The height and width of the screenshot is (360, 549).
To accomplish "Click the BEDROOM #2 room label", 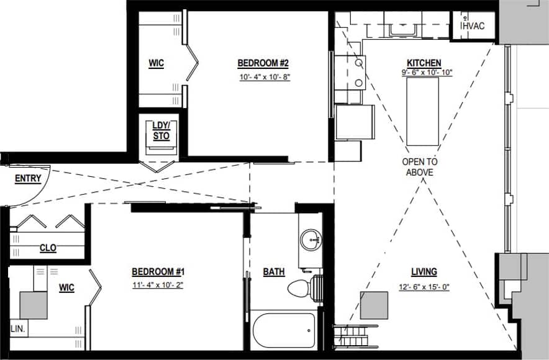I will coord(263,63).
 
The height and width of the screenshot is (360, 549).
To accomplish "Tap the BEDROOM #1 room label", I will coord(158,272).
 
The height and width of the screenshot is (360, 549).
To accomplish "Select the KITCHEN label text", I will coord(424,63).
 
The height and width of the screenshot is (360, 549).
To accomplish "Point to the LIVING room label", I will coord(424,272).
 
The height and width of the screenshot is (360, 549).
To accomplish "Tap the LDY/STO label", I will coord(161,131).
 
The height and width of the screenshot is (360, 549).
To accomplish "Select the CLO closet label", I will coord(48,248).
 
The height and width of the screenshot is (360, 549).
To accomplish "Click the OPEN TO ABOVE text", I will coord(420,167).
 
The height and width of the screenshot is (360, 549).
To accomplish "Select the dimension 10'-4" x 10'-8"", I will coord(265,78).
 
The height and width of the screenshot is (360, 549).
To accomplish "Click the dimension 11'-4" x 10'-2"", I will coord(158,286).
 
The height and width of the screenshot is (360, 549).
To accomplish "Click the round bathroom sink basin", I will coord(310,239).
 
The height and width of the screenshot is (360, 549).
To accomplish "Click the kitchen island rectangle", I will coord(422,112).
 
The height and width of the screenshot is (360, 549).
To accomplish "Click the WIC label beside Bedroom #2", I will coord(156,63).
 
